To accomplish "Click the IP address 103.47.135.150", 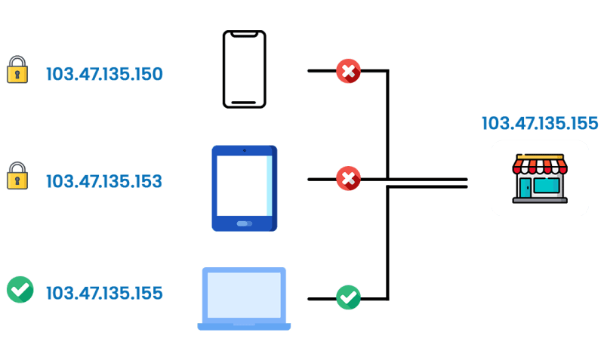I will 104,74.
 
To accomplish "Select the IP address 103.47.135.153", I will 104,181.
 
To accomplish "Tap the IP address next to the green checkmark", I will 104,293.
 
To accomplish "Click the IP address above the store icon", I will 540,123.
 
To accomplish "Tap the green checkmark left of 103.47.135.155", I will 20,289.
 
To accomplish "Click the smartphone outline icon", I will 244,69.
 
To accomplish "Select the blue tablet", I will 245,189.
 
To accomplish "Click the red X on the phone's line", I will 348,72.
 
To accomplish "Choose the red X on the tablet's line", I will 348,179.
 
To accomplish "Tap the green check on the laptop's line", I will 348,297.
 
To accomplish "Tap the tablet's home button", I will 245,224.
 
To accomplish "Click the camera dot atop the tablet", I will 245,151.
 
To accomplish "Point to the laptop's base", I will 244,326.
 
